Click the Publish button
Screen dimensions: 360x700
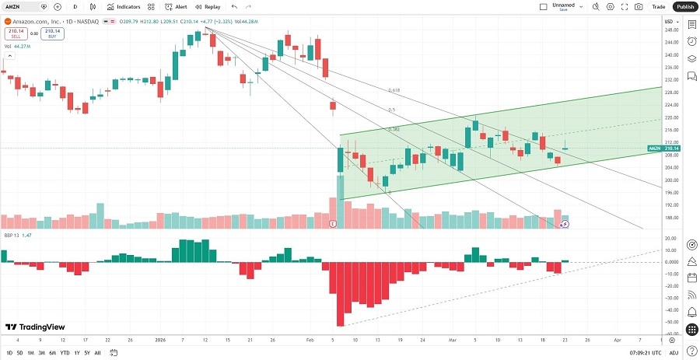(x=684, y=6)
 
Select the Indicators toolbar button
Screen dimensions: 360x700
(x=123, y=6)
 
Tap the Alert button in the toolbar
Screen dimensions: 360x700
(x=176, y=6)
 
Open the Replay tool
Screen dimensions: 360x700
(x=207, y=6)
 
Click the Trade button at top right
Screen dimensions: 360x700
(x=658, y=6)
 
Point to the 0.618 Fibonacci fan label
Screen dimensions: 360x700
(x=394, y=90)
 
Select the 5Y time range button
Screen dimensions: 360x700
(x=86, y=353)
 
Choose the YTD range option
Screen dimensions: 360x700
(x=64, y=353)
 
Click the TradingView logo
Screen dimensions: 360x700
(x=35, y=327)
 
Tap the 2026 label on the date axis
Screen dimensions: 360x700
(x=161, y=340)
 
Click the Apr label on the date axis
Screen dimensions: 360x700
(x=616, y=340)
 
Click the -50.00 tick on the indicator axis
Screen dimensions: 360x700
(x=670, y=322)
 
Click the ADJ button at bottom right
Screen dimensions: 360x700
(x=686, y=353)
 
